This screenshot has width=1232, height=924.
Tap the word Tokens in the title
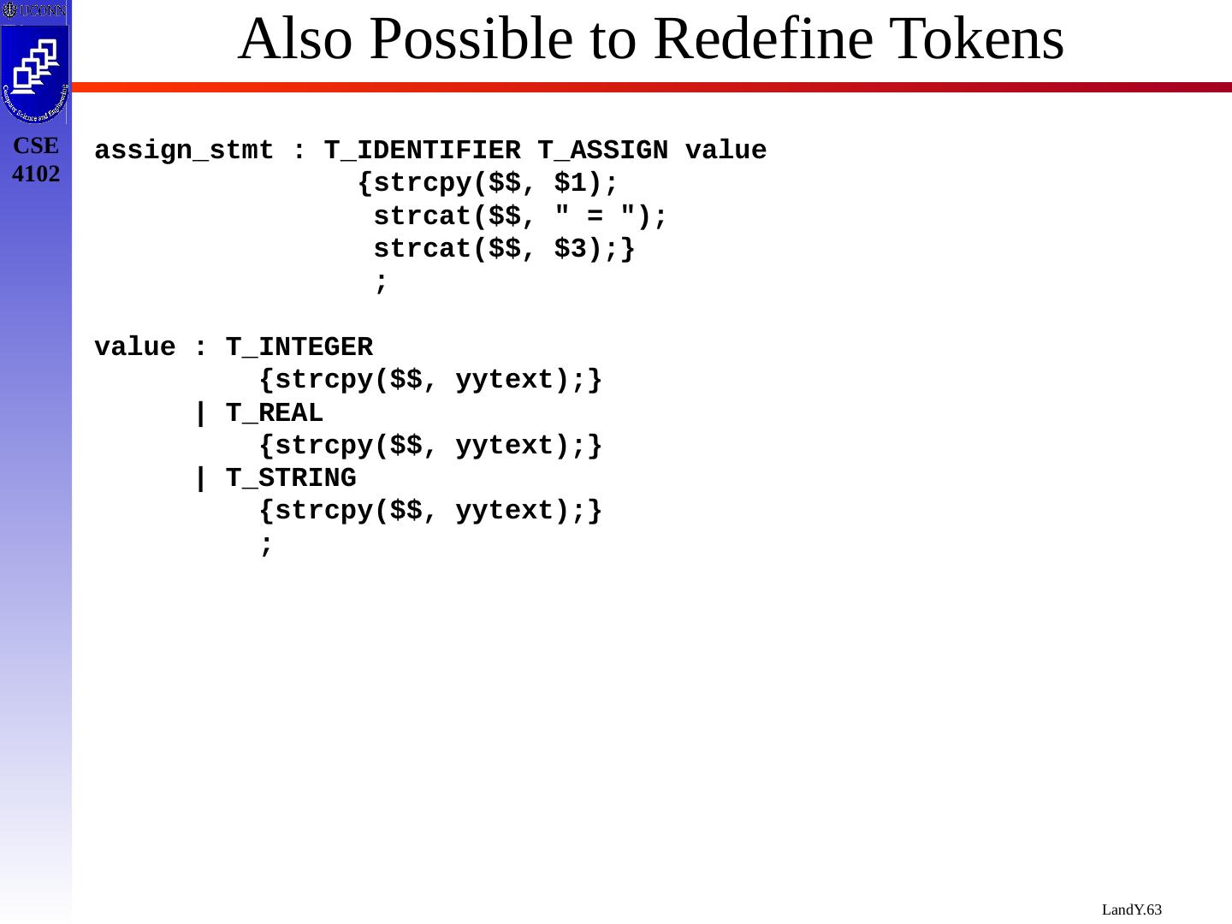976,39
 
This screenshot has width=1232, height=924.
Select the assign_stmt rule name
184,151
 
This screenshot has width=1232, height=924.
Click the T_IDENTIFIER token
422,151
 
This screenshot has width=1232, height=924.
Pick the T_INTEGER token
299,347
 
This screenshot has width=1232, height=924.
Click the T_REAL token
275,413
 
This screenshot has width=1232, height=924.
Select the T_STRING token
291,478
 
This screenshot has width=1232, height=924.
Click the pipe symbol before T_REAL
200,413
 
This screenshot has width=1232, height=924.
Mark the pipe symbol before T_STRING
200,478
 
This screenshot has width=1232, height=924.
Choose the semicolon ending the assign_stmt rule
381,281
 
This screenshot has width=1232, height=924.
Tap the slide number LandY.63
1131,909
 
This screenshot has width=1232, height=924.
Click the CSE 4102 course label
36,159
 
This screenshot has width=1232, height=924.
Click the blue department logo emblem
35,74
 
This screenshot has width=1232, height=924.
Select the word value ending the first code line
726,151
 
